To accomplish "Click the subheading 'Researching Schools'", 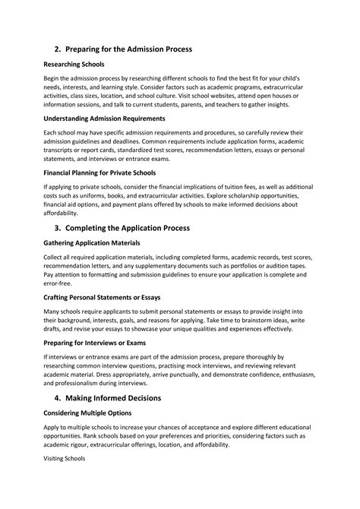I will pos(73,65).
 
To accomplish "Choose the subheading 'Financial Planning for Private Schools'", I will pos(99,172).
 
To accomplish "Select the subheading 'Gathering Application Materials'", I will pos(91,243).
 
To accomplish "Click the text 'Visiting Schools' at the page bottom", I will pos(64,460).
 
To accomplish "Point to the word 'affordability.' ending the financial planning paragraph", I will pos(63,213).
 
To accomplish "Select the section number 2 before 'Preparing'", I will pos(56,49).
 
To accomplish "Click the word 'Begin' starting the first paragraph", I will pos(52,79).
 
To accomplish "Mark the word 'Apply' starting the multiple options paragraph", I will pos(52,428).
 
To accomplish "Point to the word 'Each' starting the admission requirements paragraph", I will pos(50,133).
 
